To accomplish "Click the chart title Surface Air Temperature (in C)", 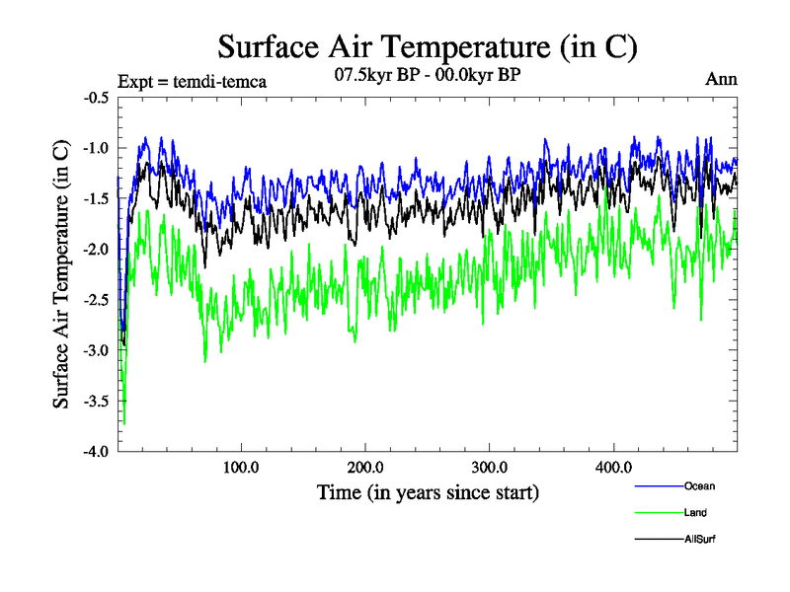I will point(428,46).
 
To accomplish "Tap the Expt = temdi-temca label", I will point(192,81).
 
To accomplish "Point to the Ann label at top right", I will point(721,79).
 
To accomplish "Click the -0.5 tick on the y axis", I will point(96,98).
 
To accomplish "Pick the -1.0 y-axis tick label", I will point(96,148).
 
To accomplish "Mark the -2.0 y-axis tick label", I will point(96,250).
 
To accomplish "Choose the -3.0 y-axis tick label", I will point(96,350).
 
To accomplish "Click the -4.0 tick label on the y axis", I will point(96,451).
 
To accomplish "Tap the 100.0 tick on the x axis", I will point(241,468).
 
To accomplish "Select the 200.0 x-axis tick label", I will point(365,468).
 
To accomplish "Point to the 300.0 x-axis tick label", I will point(490,468).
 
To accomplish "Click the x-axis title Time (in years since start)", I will point(428,491).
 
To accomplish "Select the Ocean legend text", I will point(699,485).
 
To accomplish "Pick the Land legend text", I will point(695,512).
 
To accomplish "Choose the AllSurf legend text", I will point(700,539).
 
